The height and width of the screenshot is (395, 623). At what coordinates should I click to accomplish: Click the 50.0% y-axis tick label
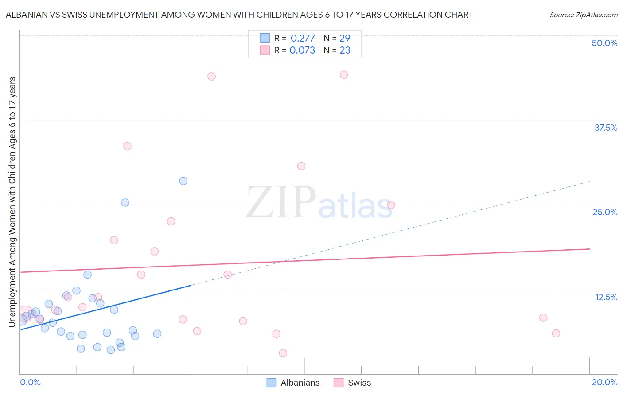click(604, 43)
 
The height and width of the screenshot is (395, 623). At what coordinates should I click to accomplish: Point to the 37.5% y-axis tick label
click(606, 128)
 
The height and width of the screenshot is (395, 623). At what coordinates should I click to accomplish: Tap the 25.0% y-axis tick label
click(605, 212)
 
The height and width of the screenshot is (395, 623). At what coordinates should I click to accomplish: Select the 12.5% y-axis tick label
click(606, 297)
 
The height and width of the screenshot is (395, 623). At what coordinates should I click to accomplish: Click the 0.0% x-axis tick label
click(30, 382)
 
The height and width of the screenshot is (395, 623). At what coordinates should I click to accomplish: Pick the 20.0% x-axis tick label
click(604, 382)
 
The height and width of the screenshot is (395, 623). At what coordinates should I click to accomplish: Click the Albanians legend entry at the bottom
click(300, 383)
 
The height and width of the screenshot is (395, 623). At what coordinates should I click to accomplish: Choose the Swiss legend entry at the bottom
click(359, 383)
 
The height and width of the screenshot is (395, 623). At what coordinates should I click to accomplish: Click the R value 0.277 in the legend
click(303, 38)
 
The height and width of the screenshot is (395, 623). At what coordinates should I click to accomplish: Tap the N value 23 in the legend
click(345, 50)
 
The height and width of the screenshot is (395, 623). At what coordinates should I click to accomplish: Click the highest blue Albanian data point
click(183, 181)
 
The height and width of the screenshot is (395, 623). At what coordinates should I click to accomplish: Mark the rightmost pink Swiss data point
click(556, 333)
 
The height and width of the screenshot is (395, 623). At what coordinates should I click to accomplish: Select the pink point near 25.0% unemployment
click(391, 205)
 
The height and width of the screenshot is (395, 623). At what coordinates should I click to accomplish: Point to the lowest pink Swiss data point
click(283, 353)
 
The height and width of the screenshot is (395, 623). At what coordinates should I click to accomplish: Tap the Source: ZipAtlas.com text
click(583, 15)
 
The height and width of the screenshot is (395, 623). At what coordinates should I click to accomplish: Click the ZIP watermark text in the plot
click(280, 202)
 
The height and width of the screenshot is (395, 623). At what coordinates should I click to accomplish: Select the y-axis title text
click(12, 202)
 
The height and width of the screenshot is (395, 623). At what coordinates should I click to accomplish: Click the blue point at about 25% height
click(125, 202)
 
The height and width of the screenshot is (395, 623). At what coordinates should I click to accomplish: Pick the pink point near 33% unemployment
click(127, 146)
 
